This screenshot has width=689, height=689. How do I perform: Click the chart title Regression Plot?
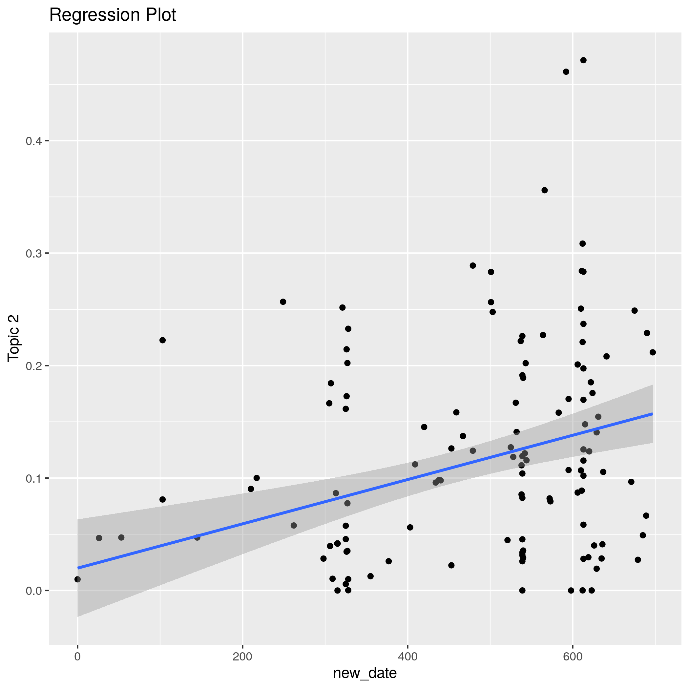pos(112,15)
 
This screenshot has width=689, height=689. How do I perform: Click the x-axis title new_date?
pos(365,673)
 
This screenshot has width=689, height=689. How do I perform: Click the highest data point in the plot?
pos(583,60)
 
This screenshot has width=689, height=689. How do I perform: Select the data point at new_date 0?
pos(77,579)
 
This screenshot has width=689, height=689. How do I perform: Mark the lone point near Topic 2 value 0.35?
pos(545,190)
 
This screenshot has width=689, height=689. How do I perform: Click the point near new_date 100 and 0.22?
pos(163,340)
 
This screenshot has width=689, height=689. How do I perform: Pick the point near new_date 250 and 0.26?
pos(283,302)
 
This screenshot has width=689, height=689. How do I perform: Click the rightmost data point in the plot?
pos(653,352)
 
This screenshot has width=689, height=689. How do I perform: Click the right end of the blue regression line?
pos(652,414)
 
